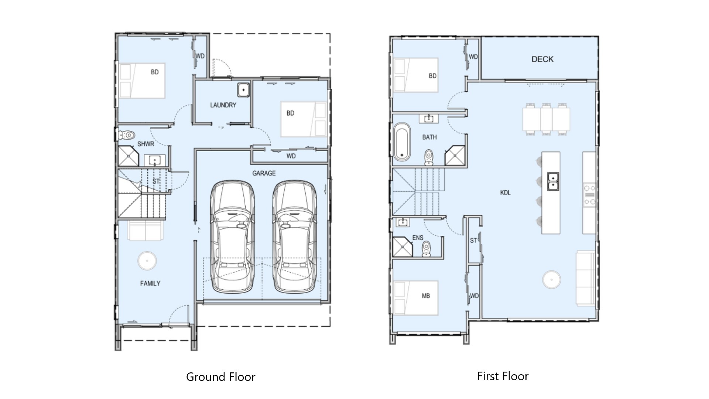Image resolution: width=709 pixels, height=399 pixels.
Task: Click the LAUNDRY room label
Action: click(x=223, y=105)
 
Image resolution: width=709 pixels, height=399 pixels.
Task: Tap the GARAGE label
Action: click(x=264, y=173)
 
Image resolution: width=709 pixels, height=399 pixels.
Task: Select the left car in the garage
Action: click(x=232, y=237)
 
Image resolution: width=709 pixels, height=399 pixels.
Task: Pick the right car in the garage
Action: click(x=294, y=237)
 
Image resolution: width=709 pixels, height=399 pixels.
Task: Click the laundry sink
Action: click(x=243, y=90)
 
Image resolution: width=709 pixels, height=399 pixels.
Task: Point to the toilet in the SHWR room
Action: click(x=127, y=135)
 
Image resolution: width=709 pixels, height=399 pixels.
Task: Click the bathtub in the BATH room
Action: click(x=401, y=142)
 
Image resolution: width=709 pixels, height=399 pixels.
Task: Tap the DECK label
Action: click(x=542, y=59)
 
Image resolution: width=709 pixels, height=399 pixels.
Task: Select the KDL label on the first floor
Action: click(x=505, y=192)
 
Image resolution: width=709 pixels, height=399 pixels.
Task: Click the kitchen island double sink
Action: click(x=553, y=181)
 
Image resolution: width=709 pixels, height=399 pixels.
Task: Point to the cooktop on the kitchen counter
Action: click(x=589, y=195)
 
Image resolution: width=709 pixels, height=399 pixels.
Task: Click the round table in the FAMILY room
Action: click(x=147, y=261)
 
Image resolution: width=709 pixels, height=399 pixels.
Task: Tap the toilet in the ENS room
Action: click(x=427, y=248)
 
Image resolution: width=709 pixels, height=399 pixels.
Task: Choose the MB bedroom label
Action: click(x=426, y=296)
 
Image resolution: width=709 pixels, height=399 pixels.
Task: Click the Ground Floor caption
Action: click(x=221, y=377)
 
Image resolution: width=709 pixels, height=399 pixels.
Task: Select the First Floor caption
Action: click(x=503, y=376)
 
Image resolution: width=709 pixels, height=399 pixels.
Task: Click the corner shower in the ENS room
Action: click(x=402, y=247)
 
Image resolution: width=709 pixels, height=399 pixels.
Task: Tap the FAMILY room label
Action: click(x=150, y=283)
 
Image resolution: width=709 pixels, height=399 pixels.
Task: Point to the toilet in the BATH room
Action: click(x=429, y=157)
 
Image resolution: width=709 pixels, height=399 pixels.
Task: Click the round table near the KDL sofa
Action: click(x=551, y=280)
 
